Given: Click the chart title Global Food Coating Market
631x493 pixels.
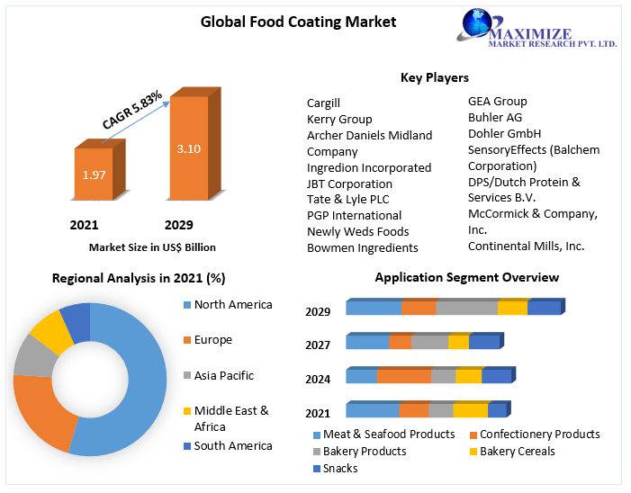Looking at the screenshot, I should click(297, 21).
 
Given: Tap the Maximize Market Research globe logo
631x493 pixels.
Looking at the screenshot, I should click(483, 27).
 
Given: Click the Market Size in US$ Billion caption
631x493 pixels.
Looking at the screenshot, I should click(152, 246).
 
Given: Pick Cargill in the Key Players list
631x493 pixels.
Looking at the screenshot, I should click(323, 103).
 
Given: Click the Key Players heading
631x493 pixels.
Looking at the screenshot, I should click(434, 77).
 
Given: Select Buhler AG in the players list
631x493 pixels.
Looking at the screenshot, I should click(494, 117).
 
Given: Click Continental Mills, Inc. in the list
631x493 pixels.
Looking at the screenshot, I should click(526, 246).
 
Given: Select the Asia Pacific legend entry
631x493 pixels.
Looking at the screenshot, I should click(223, 375).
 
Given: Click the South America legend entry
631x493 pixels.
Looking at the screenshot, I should click(232, 445).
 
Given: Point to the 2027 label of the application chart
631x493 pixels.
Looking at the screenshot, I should click(318, 345).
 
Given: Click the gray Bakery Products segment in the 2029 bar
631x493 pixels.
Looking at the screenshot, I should click(466, 309).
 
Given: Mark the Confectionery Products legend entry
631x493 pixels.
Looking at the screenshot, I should click(539, 435).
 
